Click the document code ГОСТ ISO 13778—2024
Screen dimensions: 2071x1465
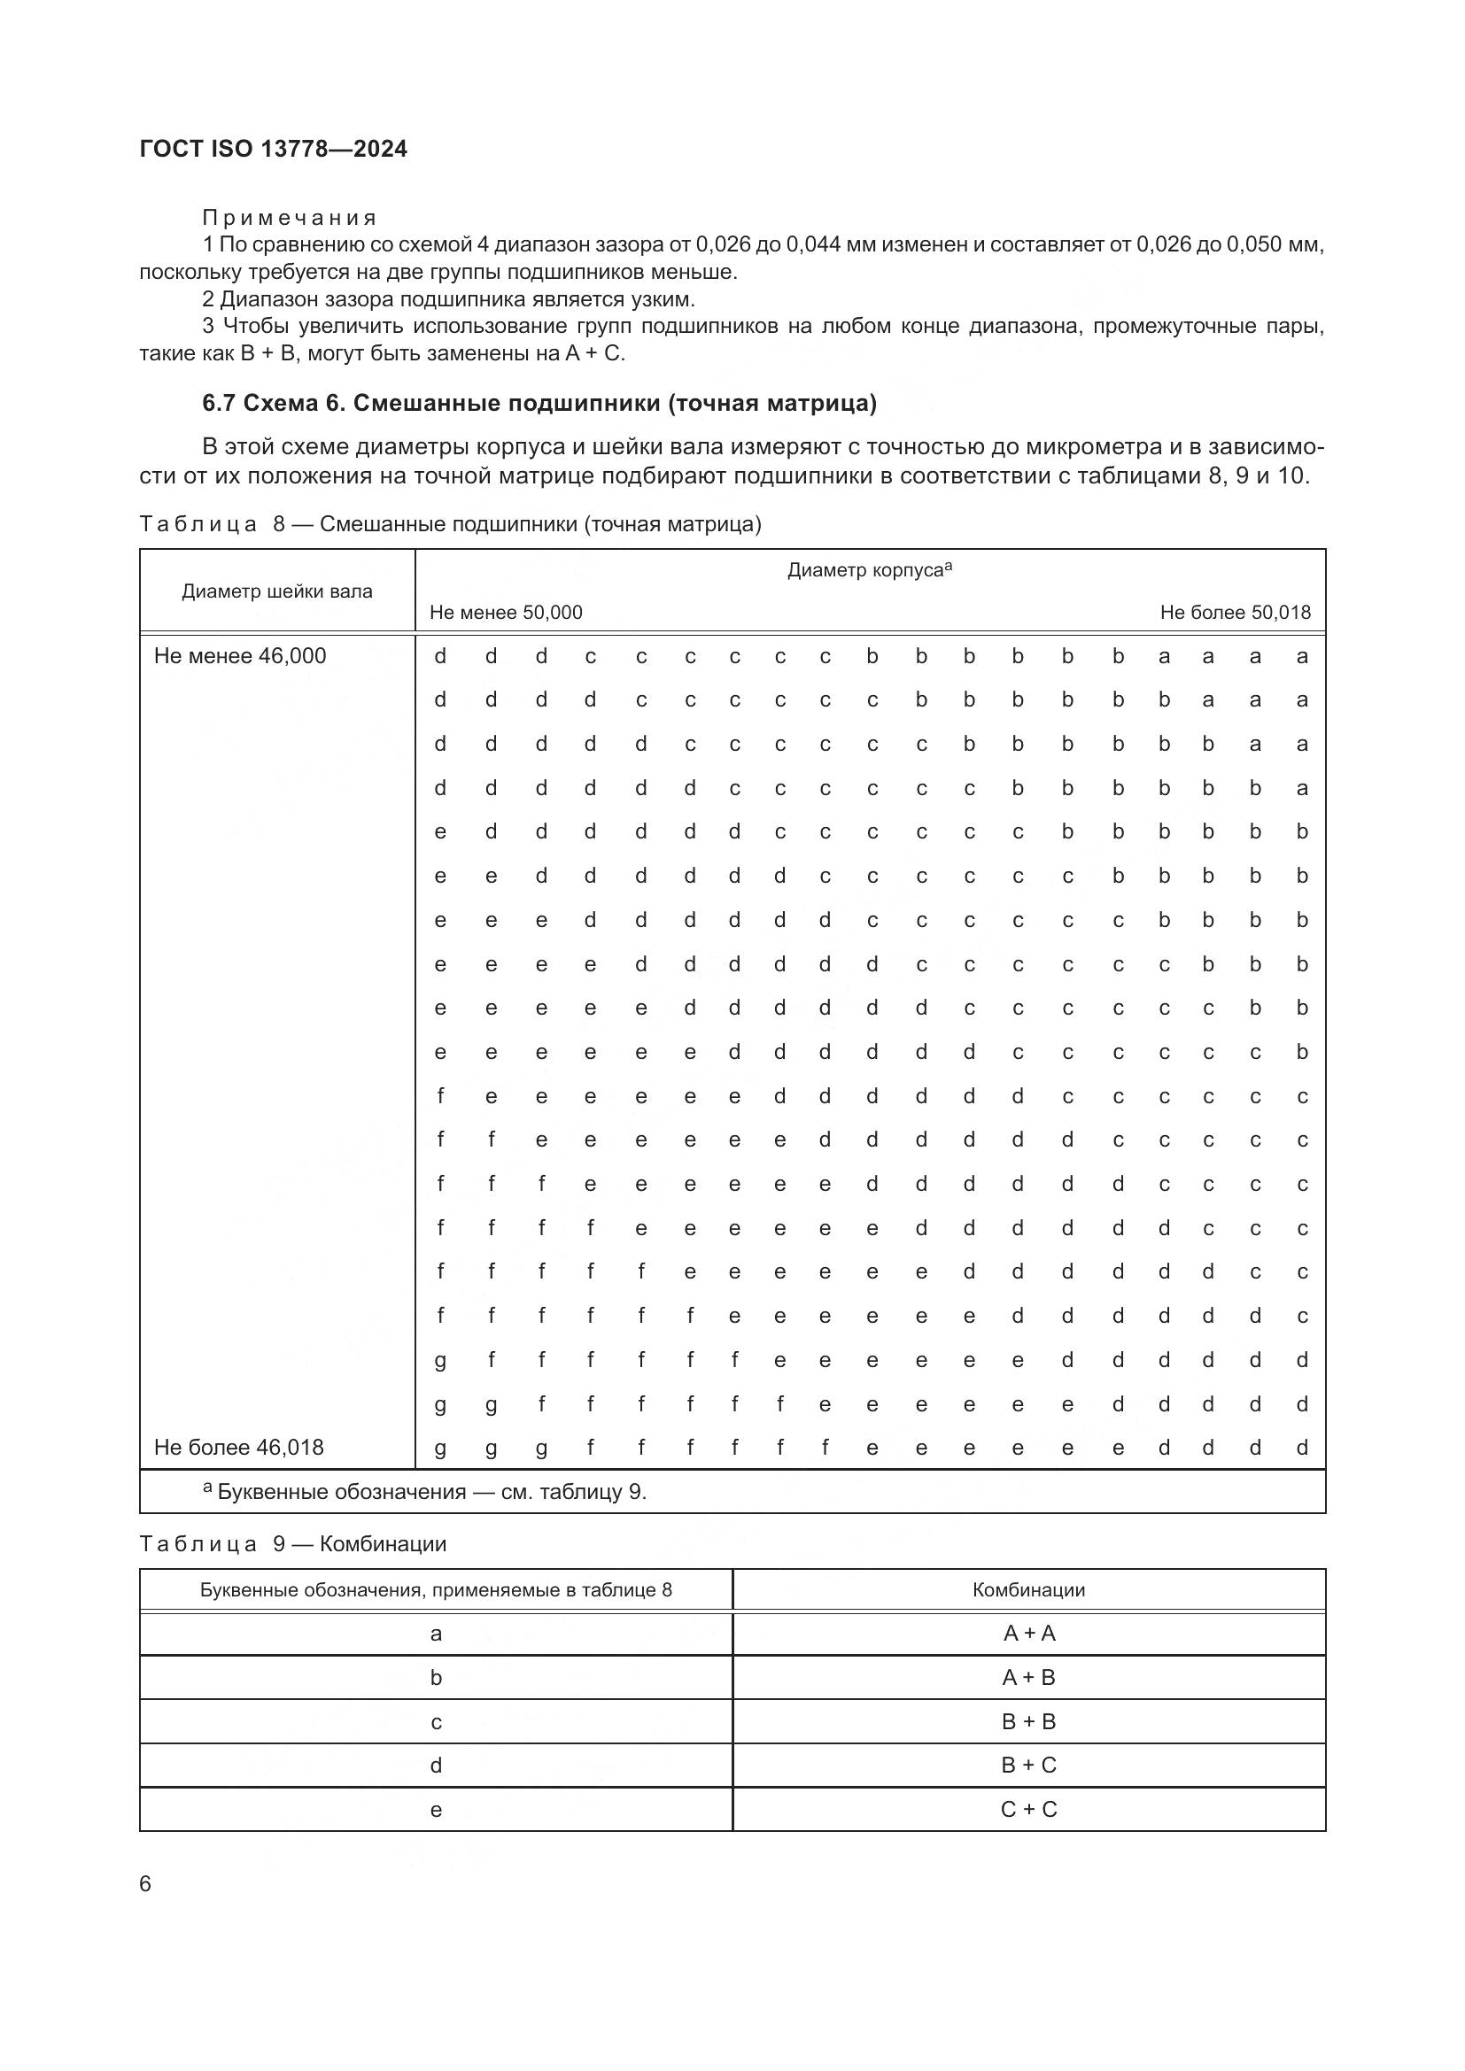coord(274,150)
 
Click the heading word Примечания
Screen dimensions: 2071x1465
coord(289,219)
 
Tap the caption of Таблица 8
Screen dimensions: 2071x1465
coord(450,524)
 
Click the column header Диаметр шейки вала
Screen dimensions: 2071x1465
coord(277,591)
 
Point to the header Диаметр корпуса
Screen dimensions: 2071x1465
coord(870,570)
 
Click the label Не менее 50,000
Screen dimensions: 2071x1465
coord(506,613)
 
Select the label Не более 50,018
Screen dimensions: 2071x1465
coord(1235,613)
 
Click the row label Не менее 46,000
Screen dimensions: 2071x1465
coord(240,656)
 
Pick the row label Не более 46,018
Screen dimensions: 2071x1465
coord(239,1448)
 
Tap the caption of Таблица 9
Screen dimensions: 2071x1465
coord(293,1544)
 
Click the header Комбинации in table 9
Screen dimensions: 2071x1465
coord(1028,1589)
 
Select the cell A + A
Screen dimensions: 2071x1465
coord(1028,1634)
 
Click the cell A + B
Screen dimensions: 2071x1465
coord(1028,1678)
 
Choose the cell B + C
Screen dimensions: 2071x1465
coord(1028,1766)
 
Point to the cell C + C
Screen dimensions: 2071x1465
coord(1028,1810)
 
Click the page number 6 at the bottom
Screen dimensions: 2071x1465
coord(146,1883)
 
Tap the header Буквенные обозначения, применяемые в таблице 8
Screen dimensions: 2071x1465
coord(436,1589)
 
